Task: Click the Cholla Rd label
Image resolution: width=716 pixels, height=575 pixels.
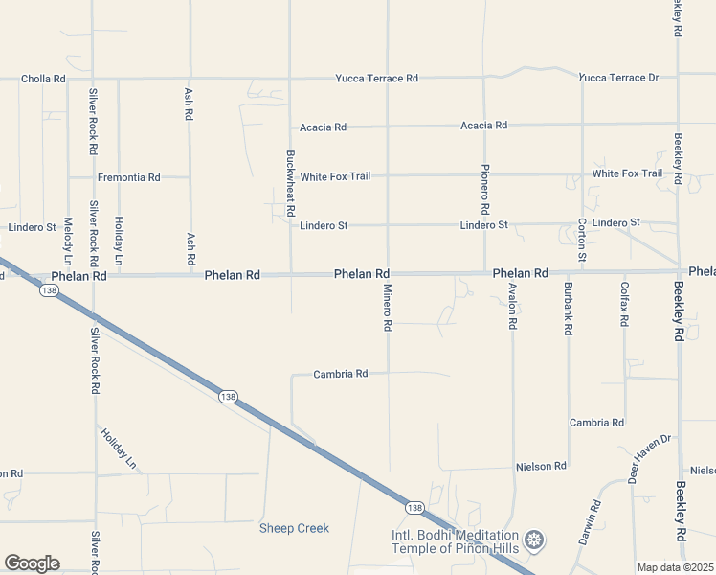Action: point(45,79)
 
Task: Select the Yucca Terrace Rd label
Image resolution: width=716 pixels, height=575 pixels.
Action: point(376,78)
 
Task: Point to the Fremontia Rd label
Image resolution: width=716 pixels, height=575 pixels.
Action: point(128,177)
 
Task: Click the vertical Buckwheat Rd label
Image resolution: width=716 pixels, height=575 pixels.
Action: point(290,181)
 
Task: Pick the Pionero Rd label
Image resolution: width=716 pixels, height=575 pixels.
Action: point(485,189)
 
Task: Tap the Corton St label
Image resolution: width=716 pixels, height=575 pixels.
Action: point(582,241)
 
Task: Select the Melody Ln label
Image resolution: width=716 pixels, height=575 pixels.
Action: point(68,241)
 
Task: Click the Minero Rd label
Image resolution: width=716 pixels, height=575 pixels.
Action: point(389,308)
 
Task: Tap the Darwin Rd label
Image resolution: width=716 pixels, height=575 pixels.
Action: point(590,522)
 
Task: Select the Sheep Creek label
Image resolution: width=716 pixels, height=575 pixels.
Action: point(294,528)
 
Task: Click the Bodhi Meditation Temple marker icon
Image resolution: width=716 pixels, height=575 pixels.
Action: point(534,541)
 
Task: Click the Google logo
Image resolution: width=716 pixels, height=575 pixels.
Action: point(32,563)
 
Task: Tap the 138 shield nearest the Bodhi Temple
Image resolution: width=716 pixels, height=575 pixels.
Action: point(414,507)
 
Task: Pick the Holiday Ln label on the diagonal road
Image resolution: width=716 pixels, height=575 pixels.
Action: point(119,448)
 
